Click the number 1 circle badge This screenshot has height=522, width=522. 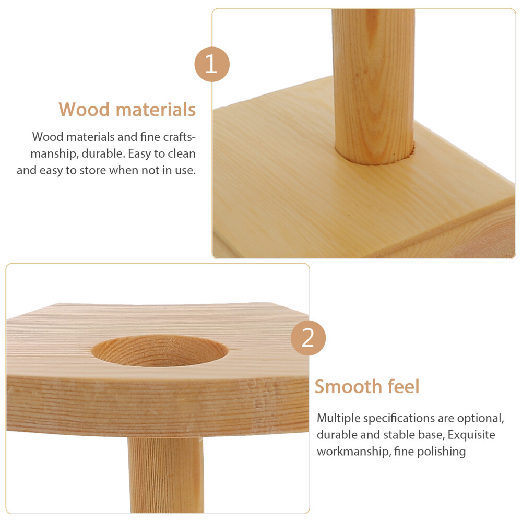coord(212,64)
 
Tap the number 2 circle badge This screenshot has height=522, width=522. coord(308,338)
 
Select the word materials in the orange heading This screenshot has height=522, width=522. coord(156,110)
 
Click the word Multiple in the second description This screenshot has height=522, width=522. coord(339,418)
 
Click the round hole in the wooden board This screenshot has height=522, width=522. coord(159,351)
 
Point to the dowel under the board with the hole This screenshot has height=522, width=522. coord(165,475)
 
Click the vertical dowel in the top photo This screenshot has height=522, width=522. coord(374,87)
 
